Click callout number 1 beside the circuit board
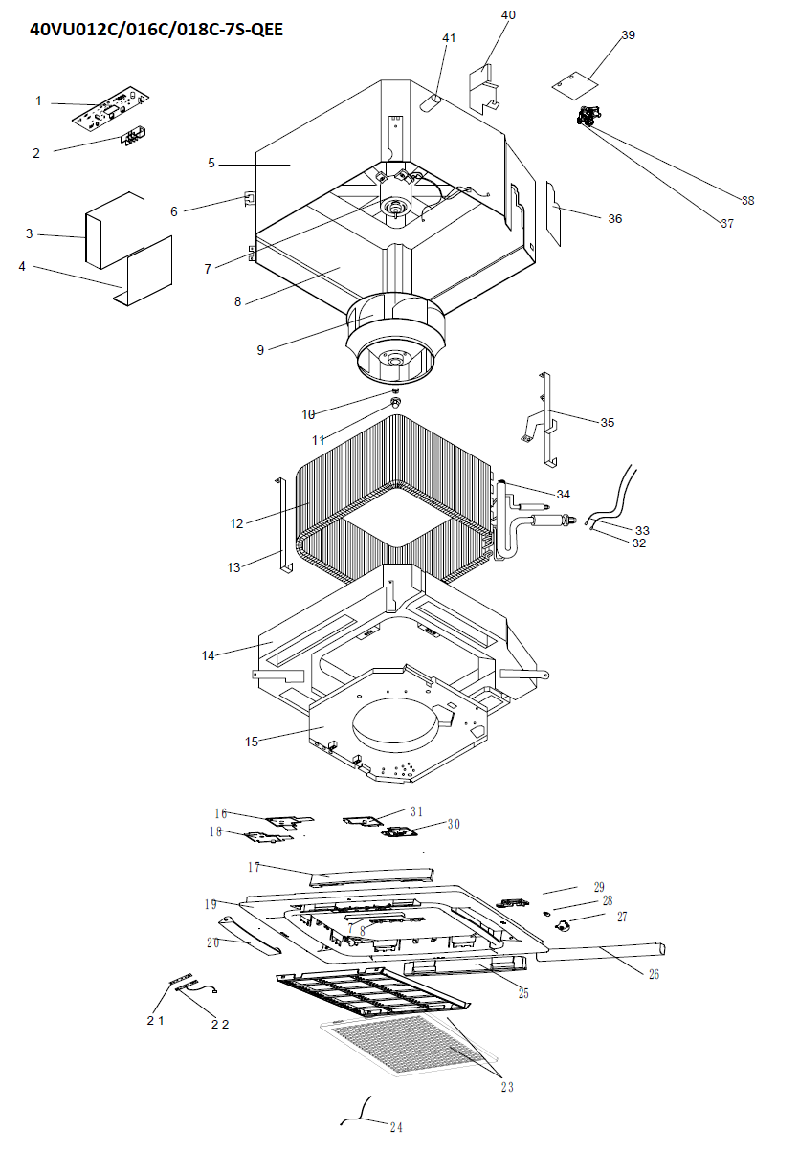click(x=38, y=100)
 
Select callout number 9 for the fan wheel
click(x=260, y=350)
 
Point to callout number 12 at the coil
click(x=236, y=523)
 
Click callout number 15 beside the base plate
click(x=253, y=742)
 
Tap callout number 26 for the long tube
click(x=654, y=975)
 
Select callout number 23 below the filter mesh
click(x=506, y=1086)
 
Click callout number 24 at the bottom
click(x=396, y=1127)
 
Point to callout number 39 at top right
click(x=628, y=35)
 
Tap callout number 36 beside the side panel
click(x=614, y=219)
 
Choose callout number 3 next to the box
click(x=30, y=233)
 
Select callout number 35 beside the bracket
click(x=607, y=422)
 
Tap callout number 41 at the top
click(x=449, y=37)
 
